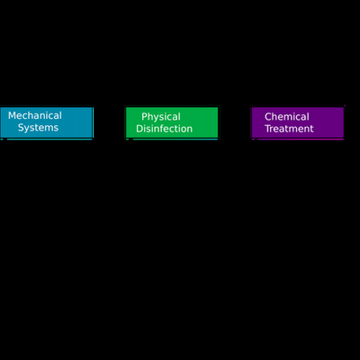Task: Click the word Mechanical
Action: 35,115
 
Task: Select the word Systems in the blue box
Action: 38,128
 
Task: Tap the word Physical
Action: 161,117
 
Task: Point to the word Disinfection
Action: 164,129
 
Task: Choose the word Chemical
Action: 287,116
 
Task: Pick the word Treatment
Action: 289,129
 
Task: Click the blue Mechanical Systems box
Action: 47,122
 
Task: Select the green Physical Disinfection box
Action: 172,123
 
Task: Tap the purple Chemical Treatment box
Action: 298,123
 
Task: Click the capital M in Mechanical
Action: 12,115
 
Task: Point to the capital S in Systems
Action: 21,128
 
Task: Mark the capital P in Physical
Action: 144,117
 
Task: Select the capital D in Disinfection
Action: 139,129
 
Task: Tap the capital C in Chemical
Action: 268,117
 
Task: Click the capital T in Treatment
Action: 268,129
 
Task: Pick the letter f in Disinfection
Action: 165,129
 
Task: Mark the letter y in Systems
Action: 28,129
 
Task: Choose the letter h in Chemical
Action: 275,116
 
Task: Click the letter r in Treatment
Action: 272,130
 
